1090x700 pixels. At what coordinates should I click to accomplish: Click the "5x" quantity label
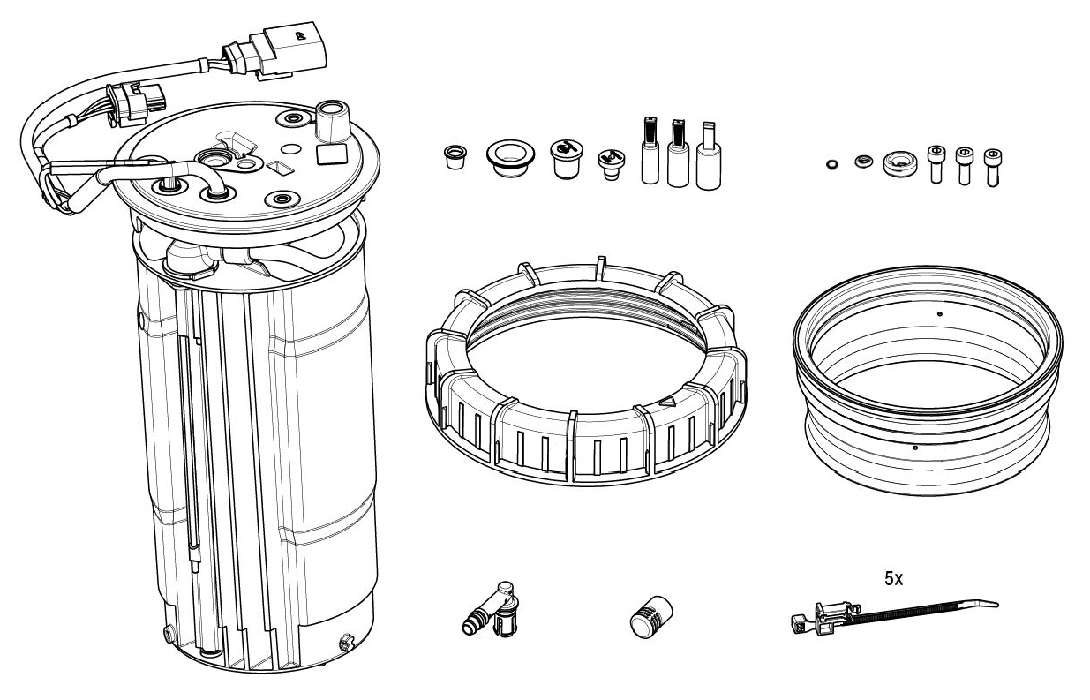pyautogui.click(x=893, y=580)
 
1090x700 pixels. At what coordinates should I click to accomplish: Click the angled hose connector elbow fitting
pyautogui.click(x=492, y=610)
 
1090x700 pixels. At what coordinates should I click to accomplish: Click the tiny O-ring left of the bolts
pyautogui.click(x=831, y=163)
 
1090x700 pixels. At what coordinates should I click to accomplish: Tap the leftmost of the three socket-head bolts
pyautogui.click(x=936, y=164)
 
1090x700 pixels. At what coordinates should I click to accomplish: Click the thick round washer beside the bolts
pyautogui.click(x=898, y=163)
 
